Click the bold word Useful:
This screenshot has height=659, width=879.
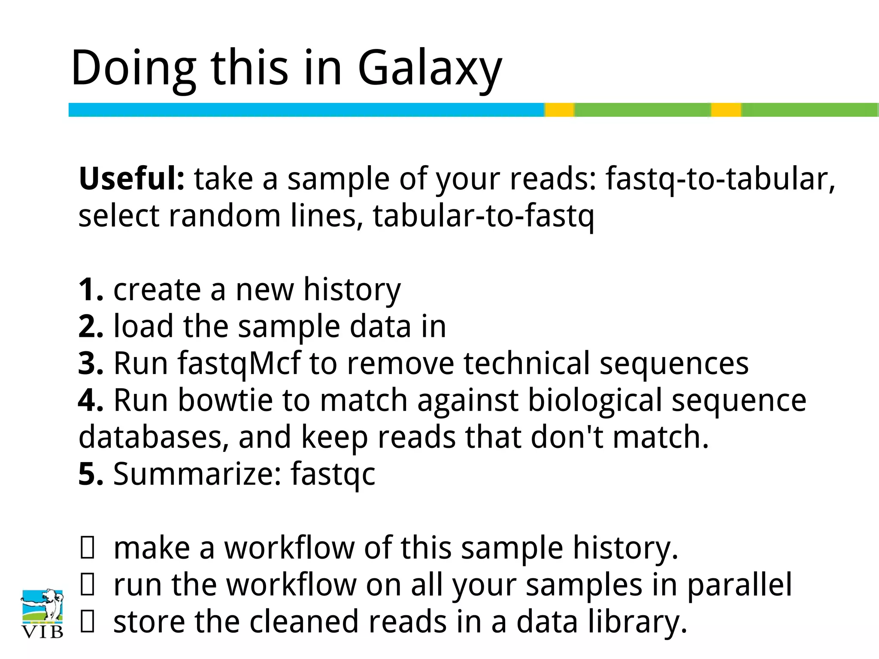coord(132,178)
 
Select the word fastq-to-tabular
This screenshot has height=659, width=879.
coord(720,179)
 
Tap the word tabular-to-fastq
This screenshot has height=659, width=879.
coord(483,216)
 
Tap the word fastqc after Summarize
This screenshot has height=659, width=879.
coord(333,475)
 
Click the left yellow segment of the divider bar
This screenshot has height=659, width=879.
coord(560,110)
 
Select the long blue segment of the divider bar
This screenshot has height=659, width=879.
coord(306,110)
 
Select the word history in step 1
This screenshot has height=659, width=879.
coord(352,290)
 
